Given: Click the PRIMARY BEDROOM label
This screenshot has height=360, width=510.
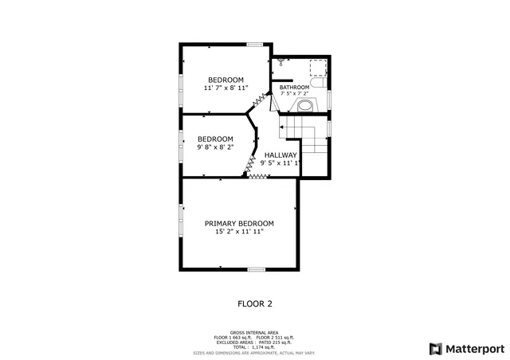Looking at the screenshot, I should coord(239,223).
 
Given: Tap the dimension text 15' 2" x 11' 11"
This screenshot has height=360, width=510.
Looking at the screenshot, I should coord(239,233).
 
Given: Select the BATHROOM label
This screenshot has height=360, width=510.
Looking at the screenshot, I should coord(294,87).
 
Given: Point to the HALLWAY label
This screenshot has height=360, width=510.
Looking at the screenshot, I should coord(280,155).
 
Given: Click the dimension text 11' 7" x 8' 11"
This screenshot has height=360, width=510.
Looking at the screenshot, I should coord(226,88).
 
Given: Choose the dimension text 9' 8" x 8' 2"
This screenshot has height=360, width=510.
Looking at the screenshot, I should coord(215,147).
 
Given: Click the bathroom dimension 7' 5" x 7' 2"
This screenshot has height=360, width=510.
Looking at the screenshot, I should coord(294,94).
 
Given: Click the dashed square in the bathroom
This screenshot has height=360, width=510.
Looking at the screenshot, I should coord(317,66).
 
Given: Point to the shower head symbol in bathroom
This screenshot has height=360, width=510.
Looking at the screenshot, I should coord(280,61).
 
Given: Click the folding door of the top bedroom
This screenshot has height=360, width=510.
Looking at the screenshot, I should coord(259,100).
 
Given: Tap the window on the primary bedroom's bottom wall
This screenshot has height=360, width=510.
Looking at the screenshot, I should coord(256,270).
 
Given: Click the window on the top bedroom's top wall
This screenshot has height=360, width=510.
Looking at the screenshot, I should coord(255,44).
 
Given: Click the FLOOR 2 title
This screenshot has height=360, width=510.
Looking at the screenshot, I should coord(255,303).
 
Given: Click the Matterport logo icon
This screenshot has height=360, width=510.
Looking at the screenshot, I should coord(434,349).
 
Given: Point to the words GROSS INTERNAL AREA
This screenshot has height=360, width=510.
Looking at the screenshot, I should coord(254,332).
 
